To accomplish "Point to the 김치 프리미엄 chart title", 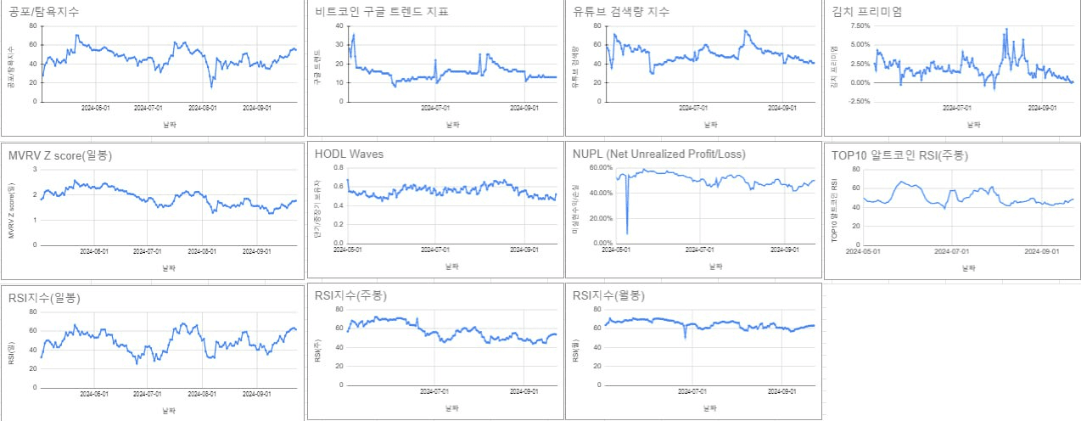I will coord(867,12).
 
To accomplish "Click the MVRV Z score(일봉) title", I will coord(59,155).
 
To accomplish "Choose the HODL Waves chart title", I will coord(349,154).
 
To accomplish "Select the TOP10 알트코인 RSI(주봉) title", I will coord(899,155).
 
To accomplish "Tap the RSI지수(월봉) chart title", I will coord(608,295).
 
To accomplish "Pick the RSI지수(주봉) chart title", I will coord(350,295).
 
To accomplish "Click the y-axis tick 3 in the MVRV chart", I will coord(34,169).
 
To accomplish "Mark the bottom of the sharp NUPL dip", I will coord(627,233).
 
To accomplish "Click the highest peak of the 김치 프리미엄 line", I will coord(1007,29).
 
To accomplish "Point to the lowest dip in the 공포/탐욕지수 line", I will coord(211,87).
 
